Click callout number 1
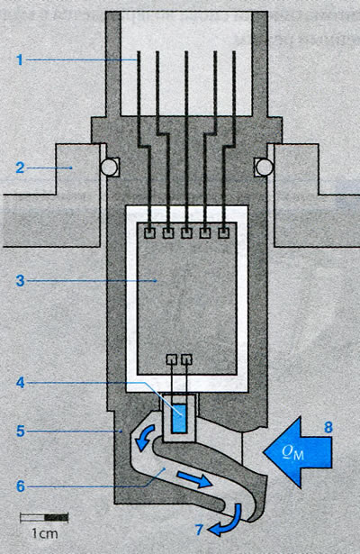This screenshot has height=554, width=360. point(20,59)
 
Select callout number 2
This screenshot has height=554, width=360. point(20,168)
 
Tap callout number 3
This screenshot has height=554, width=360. point(20,281)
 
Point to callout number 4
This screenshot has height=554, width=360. point(21,382)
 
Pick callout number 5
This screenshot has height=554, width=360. point(21,431)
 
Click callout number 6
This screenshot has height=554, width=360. point(21,486)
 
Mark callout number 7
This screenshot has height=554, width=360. point(200,529)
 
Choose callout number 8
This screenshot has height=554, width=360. point(328,428)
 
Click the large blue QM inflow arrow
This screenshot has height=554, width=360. point(298,452)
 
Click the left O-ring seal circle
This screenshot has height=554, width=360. point(108,166)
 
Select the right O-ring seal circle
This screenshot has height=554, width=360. point(265,166)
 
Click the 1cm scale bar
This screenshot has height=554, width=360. point(44,518)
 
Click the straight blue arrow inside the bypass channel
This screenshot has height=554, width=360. point(194,480)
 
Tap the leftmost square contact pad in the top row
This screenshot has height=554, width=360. point(150,232)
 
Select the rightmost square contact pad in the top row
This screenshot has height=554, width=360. point(224,232)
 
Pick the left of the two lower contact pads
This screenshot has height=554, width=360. point(171,359)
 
